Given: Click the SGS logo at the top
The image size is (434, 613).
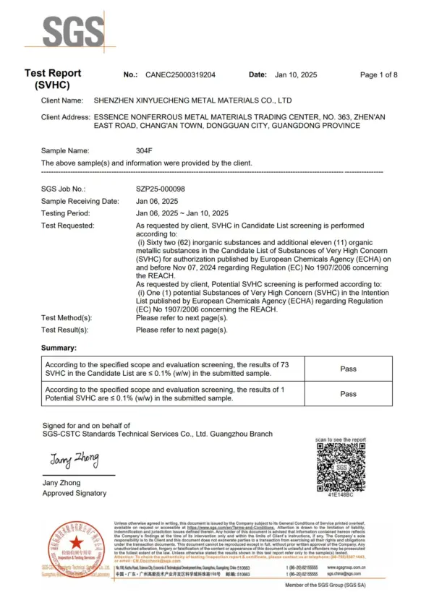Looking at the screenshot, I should [x=72, y=32].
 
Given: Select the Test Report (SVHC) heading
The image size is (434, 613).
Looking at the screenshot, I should [x=53, y=80].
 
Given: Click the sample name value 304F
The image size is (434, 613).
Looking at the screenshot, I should [x=145, y=151].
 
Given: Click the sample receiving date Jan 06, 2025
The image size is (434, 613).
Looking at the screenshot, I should [x=157, y=201].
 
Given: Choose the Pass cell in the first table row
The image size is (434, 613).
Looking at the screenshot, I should [x=348, y=369].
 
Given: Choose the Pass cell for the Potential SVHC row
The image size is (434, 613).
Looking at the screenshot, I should [x=348, y=394].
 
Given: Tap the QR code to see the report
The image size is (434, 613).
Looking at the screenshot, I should [x=341, y=467].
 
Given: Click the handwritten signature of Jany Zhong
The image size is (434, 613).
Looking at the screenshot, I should [x=74, y=459].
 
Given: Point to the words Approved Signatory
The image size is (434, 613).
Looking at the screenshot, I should [x=74, y=493].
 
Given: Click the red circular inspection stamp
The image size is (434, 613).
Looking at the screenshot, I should [x=75, y=548].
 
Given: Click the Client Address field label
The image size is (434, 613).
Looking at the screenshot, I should [x=65, y=117].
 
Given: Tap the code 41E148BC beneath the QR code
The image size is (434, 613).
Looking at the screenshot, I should [x=341, y=495].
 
